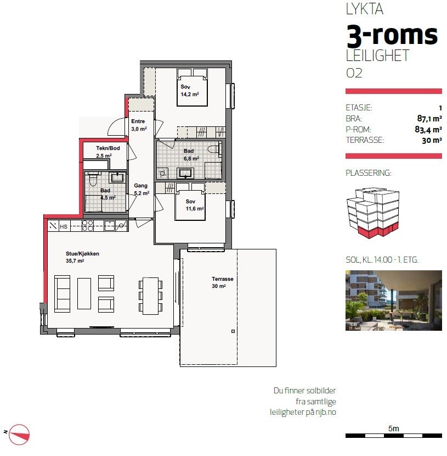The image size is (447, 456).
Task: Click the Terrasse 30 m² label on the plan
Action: (222, 282)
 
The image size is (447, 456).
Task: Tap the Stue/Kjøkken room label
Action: (82, 254)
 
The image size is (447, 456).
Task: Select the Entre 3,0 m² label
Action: (139, 125)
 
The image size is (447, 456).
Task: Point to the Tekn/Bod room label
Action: (108, 148)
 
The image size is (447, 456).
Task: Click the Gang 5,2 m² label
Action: (142, 190)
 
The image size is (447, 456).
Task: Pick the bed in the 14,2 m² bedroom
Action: (192, 87)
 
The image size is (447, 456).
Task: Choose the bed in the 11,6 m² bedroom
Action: (190, 201)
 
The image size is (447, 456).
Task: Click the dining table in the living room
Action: (150, 296)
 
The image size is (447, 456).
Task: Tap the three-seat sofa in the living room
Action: (62, 294)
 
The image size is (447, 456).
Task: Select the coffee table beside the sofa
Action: (84, 293)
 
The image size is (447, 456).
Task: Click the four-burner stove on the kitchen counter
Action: (88, 226)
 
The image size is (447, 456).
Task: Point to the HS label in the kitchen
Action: (64, 226)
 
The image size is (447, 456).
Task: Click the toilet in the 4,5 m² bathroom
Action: (93, 179)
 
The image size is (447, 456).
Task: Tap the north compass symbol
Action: (19, 435)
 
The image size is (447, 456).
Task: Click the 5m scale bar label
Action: (394, 429)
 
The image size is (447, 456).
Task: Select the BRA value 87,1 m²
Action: (429, 118)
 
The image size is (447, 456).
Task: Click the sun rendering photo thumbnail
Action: (394, 301)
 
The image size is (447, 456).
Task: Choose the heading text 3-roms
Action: (392, 36)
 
